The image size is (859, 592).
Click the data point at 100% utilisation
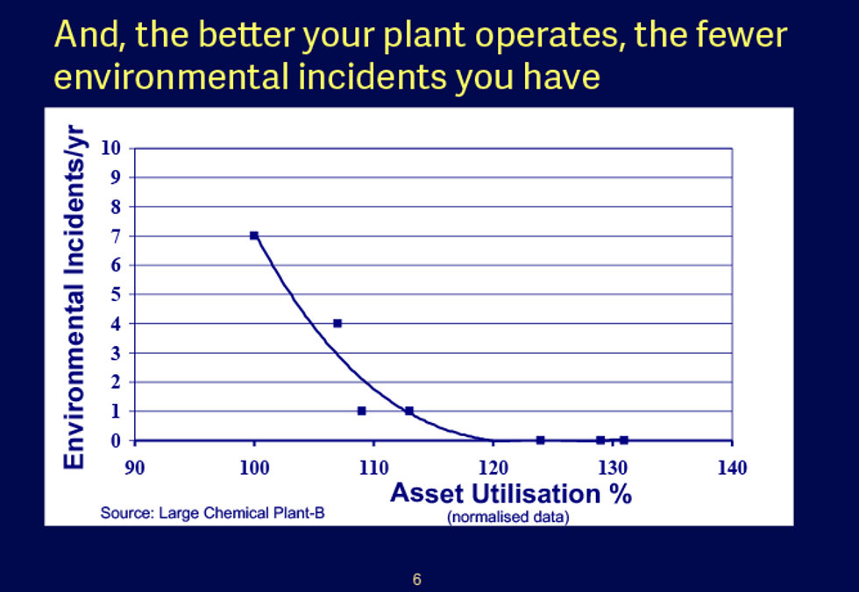click(254, 236)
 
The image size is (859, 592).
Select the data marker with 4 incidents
click(337, 323)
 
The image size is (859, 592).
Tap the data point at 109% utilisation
click(361, 411)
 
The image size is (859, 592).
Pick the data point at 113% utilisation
click(409, 411)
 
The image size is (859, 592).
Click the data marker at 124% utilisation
click(541, 440)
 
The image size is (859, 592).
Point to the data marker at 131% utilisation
click(624, 440)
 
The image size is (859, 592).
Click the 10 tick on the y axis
click(110, 148)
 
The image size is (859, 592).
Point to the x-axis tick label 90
click(134, 467)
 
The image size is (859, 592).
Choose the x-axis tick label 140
click(732, 467)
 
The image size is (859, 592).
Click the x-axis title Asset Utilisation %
click(510, 493)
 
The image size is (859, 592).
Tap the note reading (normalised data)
click(508, 517)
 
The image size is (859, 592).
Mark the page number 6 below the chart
click(417, 579)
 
